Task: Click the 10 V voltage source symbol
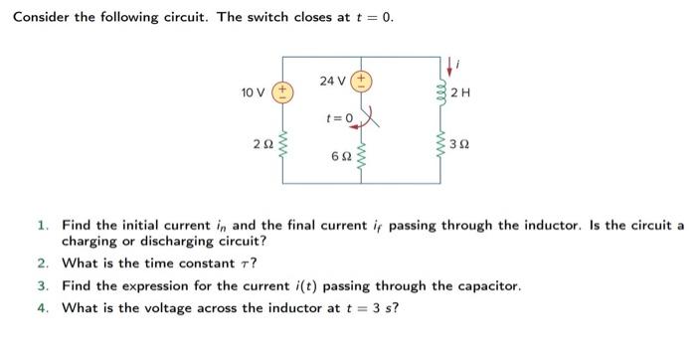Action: click(282, 92)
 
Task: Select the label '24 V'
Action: click(333, 81)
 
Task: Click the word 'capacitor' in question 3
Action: click(487, 285)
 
